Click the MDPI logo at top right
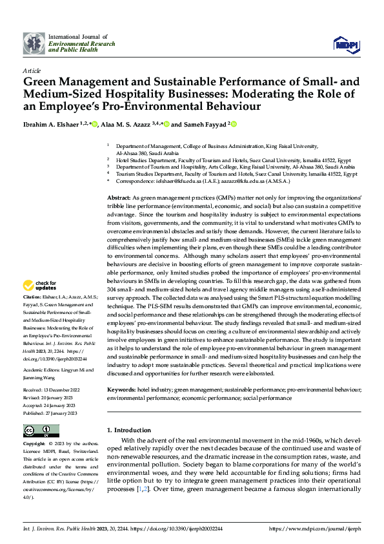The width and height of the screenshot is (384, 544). [347, 43]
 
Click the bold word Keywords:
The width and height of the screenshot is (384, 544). [121, 390]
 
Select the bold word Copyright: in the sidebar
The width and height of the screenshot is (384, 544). [34, 445]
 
